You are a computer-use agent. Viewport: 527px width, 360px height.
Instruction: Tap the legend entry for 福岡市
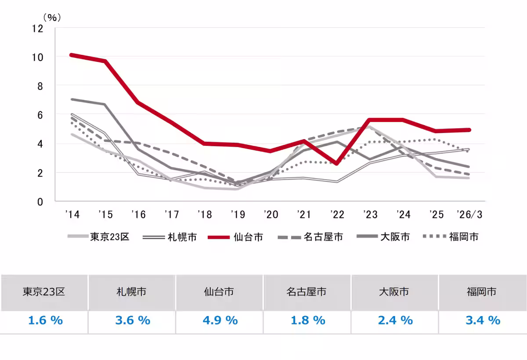point(463,237)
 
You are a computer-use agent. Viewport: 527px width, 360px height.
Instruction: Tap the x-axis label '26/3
point(469,215)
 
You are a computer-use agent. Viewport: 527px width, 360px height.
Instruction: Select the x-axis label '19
point(238,215)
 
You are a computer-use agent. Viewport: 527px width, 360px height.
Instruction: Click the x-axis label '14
point(72,215)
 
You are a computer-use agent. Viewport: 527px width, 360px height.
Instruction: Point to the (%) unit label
point(51,18)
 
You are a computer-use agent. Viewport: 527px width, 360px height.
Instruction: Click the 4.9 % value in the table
point(220,320)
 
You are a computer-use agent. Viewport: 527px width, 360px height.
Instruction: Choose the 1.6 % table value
point(45,320)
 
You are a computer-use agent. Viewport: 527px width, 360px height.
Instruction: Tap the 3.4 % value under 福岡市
point(483,320)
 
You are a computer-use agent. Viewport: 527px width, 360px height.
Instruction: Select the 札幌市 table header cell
point(131,292)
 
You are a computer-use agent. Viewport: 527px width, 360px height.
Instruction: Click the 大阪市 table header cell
point(394,292)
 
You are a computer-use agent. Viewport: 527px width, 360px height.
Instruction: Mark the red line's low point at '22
point(336,164)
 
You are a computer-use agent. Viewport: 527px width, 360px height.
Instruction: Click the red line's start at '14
point(71,55)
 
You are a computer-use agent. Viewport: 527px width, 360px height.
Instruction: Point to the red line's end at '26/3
point(469,130)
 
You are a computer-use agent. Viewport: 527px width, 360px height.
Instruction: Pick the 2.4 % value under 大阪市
point(395,320)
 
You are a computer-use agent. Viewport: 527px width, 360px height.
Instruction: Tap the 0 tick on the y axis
point(40,202)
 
